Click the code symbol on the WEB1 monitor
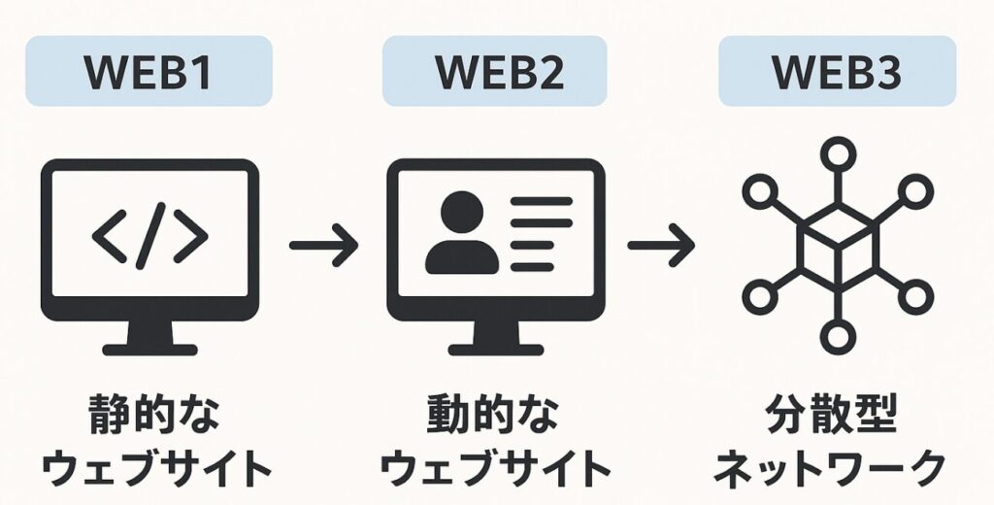click(149, 237)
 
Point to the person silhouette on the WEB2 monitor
click(461, 232)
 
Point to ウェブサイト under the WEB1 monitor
click(151, 470)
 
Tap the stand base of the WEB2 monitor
click(495, 347)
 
